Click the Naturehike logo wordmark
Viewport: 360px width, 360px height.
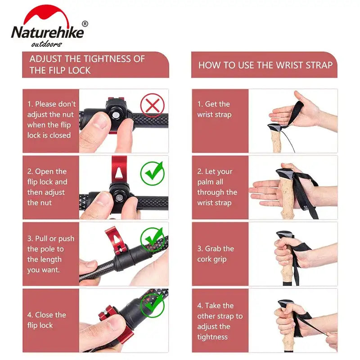(x=47, y=33)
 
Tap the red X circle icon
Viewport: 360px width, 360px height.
(x=152, y=106)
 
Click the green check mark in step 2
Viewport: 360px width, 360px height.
(x=152, y=173)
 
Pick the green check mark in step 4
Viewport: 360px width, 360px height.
(x=152, y=305)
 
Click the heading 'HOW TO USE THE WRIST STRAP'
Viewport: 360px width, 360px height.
(x=265, y=65)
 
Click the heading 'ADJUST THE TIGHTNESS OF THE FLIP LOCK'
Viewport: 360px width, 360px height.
(x=87, y=64)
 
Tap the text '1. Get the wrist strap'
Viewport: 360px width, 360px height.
(x=214, y=109)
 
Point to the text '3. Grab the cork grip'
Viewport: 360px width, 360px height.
(x=216, y=254)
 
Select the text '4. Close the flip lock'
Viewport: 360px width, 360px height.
(x=46, y=320)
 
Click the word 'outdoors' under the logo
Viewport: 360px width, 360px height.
(x=46, y=44)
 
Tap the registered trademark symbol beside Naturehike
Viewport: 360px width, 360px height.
(x=85, y=23)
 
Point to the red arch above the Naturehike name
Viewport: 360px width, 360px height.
(x=47, y=16)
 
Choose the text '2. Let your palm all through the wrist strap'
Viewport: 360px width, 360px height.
(x=217, y=187)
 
